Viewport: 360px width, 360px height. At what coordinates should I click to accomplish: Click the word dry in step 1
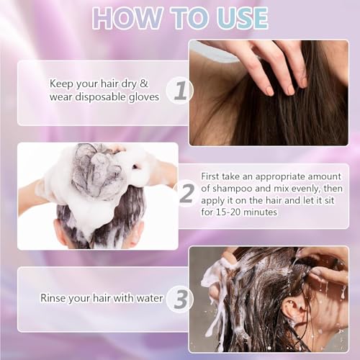[128, 84]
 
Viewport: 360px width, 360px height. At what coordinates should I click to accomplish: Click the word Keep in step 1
[60, 84]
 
